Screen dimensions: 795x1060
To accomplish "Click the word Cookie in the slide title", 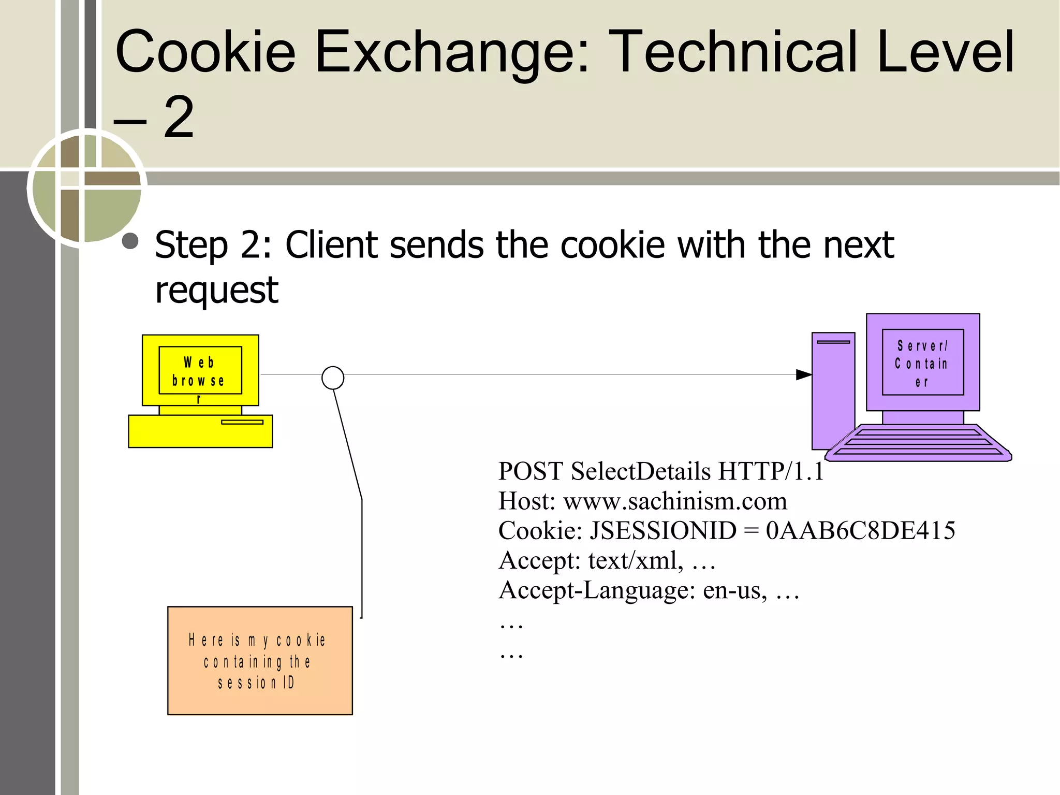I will (x=205, y=52).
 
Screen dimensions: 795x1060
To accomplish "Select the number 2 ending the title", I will (x=179, y=118).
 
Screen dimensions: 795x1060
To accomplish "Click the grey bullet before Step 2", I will (x=130, y=241).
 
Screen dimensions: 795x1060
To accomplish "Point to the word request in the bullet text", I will (x=216, y=290).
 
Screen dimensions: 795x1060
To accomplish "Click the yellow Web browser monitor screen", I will (x=200, y=370).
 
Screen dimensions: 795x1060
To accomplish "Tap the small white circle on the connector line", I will (x=333, y=378).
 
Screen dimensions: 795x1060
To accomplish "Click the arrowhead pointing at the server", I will (x=803, y=374).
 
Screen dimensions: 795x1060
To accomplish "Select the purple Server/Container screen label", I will (x=922, y=363).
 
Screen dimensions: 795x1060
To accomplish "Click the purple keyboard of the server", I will (x=919, y=443).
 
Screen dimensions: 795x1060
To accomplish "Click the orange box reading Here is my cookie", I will (x=260, y=660).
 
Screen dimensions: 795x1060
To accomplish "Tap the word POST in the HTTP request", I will (x=530, y=471).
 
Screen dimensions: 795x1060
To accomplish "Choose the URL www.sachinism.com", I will (x=675, y=501).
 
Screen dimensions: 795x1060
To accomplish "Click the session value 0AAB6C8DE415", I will (x=860, y=531).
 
